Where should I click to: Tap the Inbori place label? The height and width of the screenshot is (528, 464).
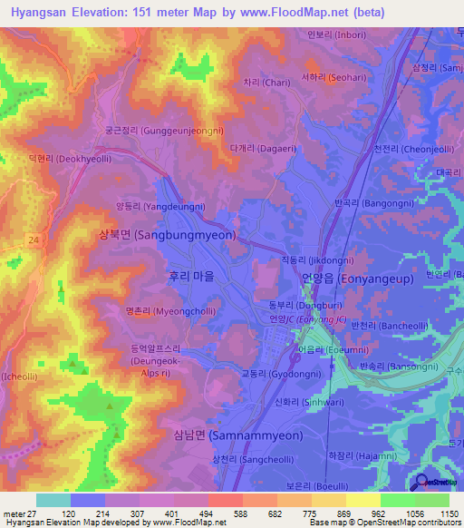point(337,36)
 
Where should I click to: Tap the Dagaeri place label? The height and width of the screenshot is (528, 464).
point(263,147)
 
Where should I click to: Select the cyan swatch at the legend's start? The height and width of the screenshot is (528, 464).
point(53,500)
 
